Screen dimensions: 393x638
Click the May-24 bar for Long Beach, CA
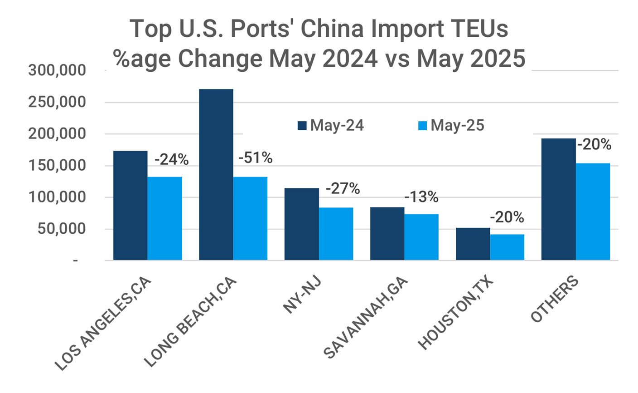(216, 174)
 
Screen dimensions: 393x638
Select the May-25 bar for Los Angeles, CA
(164, 218)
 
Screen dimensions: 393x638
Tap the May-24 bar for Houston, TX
(473, 244)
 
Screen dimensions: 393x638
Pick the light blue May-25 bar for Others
(593, 211)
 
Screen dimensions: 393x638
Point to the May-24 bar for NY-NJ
(301, 224)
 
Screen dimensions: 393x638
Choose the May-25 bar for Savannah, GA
(421, 237)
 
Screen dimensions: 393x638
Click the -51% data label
(255, 158)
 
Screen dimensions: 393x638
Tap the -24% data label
(171, 160)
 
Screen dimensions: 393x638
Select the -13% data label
(421, 197)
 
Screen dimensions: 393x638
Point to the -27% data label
(343, 188)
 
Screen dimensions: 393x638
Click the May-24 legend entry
(331, 126)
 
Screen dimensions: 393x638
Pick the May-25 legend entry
(451, 126)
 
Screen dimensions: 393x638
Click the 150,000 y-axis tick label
(57, 166)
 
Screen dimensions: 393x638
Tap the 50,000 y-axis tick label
(61, 229)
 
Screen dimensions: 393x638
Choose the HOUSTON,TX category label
(456, 313)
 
